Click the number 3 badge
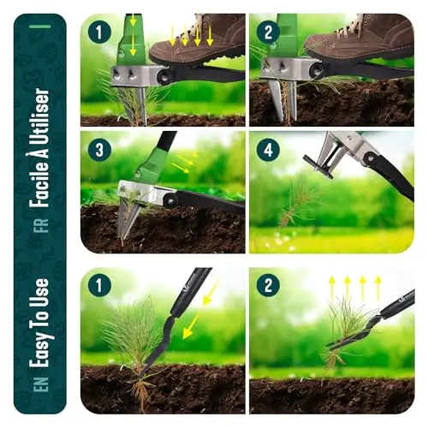(x=99, y=150)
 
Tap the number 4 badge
(x=268, y=150)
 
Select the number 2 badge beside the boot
(x=268, y=33)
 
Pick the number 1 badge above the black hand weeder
(x=99, y=285)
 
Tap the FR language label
(x=42, y=226)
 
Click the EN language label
(x=42, y=383)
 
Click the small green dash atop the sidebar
(x=40, y=27)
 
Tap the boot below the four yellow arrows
(x=198, y=40)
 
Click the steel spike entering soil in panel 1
(x=142, y=105)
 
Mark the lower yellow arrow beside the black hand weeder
(x=191, y=327)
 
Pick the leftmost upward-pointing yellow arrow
(x=332, y=288)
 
